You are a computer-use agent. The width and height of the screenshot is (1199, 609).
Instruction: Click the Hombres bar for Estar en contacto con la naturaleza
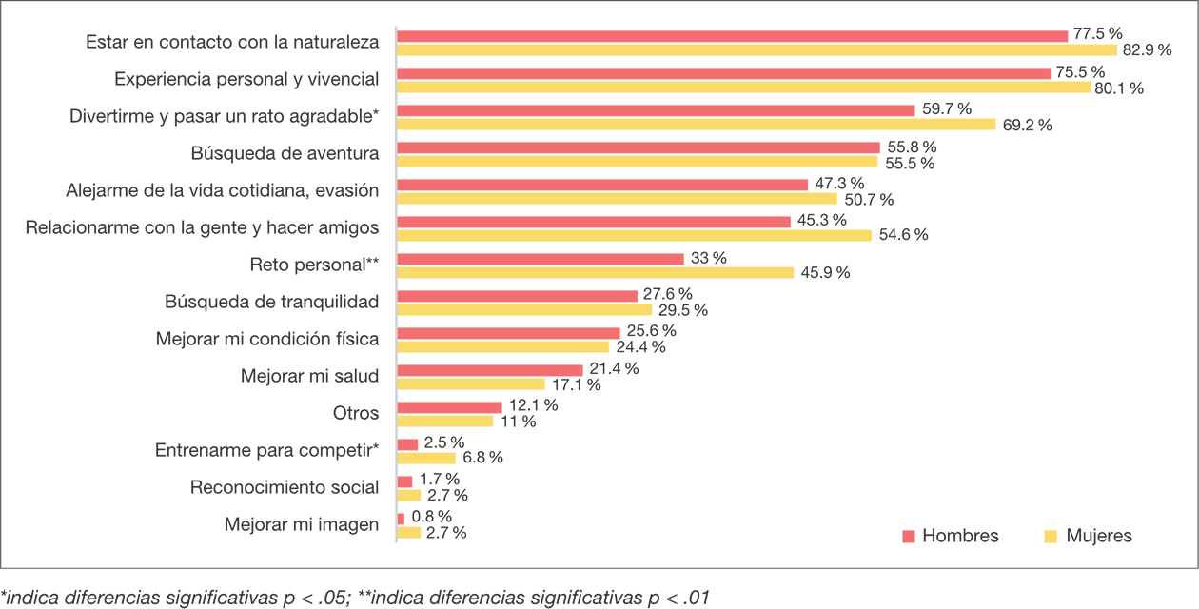coord(733,36)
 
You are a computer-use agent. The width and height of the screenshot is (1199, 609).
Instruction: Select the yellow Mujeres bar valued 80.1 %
coord(744,88)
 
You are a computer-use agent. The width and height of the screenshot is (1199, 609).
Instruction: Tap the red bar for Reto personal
coord(541,259)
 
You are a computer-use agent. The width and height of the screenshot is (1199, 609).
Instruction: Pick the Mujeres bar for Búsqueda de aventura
coord(638,162)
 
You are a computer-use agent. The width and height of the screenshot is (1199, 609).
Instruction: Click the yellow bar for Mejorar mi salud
coord(471,384)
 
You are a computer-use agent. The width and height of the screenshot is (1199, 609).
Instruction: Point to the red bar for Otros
coord(449,406)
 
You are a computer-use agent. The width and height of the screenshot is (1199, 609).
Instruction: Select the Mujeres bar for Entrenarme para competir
coord(426,458)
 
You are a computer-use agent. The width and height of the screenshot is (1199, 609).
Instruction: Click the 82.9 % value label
coord(1147,51)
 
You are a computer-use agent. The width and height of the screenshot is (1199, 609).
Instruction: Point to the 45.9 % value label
coord(824,273)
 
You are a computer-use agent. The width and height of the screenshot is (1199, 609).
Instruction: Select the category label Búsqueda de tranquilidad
coord(272,303)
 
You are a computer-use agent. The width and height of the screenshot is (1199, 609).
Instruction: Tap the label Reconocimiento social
coord(285,488)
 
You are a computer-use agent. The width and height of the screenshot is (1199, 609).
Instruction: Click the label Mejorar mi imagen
coord(302,524)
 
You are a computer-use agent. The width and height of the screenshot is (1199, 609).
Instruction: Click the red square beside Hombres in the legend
coord(909,537)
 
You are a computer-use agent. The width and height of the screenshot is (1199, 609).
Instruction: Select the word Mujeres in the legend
coord(1099,537)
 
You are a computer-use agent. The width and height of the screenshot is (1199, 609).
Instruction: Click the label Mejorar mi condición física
coord(267,340)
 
